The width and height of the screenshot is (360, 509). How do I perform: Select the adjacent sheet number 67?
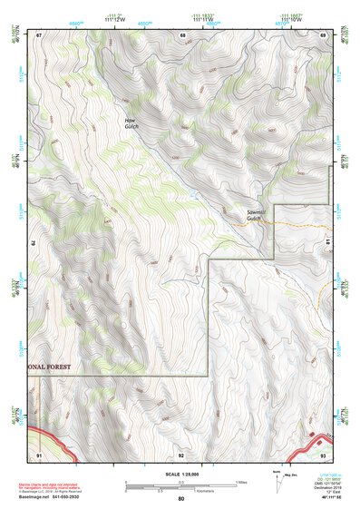[39, 34]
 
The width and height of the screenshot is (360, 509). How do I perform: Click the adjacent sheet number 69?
[324, 34]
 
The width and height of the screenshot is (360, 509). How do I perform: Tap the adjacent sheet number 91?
[39, 454]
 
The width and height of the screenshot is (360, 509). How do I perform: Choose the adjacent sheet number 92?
[182, 454]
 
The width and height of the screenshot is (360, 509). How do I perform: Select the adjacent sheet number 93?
[324, 454]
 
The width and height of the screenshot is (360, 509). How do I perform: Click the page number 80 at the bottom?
[181, 499]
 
